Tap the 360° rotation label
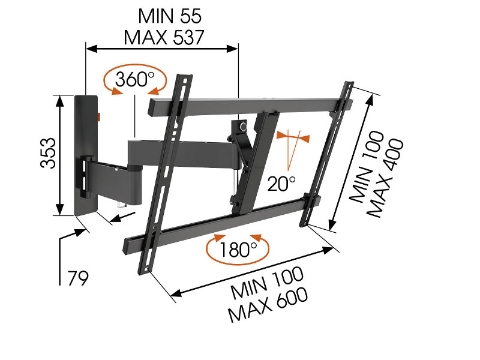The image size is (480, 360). click(x=135, y=79)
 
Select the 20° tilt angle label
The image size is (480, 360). click(x=281, y=182)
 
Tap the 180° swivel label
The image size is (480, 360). click(x=238, y=248)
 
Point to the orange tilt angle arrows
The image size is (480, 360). click(x=293, y=139)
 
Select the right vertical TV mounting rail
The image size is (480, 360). click(x=328, y=154)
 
